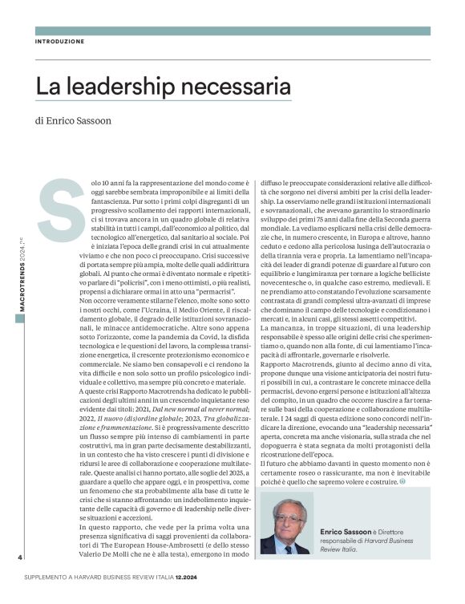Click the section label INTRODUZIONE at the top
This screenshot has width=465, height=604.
pyautogui.click(x=59, y=41)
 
